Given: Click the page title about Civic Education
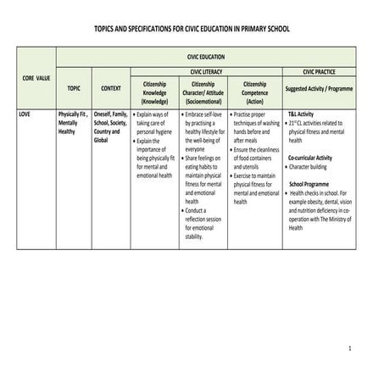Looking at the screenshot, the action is pos(192,29).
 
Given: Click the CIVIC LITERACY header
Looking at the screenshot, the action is pos(207,73).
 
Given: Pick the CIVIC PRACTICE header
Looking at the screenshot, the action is pos(320,73).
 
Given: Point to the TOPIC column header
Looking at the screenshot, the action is pos(74,88).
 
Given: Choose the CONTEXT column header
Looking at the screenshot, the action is pos(111,88).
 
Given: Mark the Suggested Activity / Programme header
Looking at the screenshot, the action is pos(320,88).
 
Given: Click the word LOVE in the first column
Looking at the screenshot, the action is pos(26,114).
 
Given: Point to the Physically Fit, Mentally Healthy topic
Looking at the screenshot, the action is pos(74,122).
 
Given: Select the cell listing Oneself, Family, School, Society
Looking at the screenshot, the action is pos(111,126).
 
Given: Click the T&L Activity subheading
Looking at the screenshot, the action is pos(301,114).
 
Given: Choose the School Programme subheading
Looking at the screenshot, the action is pos(309,183).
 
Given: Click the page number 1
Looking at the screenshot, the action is pos(348,348).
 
